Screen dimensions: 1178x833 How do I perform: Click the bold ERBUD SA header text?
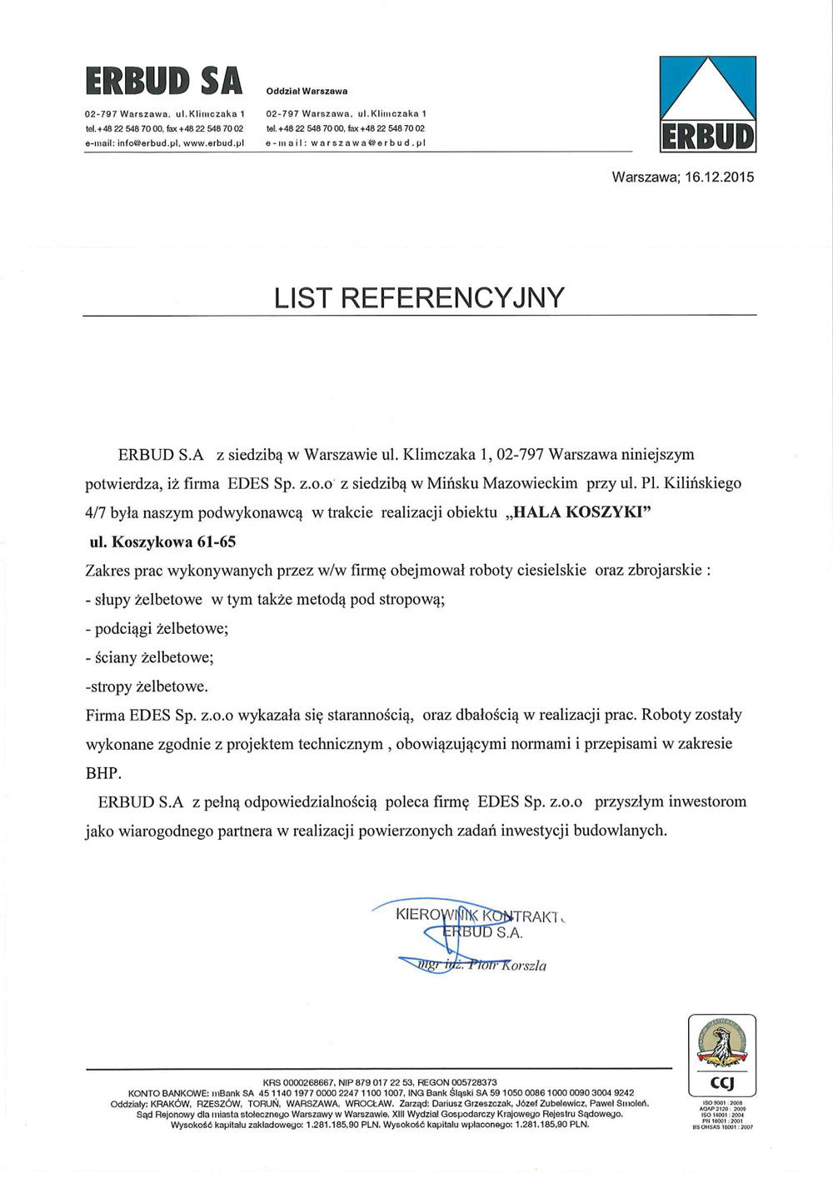coord(163,81)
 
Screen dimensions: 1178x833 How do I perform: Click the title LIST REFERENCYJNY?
coord(419,297)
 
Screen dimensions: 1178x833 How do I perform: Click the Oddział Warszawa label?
coord(307,91)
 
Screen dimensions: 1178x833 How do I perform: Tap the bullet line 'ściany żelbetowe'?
coord(153,657)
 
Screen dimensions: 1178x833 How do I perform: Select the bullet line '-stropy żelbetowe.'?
coord(147,686)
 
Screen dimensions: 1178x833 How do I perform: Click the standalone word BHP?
coord(103,773)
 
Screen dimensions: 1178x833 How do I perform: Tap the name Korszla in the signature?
coord(522,966)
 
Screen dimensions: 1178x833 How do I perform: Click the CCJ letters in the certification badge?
coord(721,1082)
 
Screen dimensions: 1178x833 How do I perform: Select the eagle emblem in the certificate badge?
coord(721,1044)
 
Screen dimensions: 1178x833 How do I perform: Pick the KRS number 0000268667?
coord(308,1082)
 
